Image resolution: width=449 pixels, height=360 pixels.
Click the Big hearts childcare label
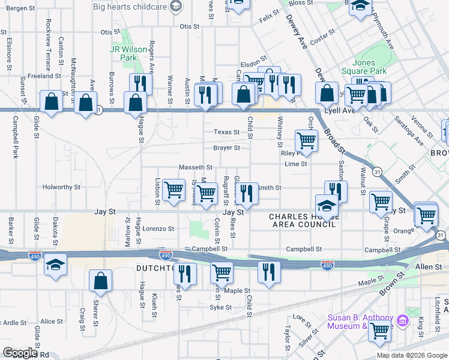pos(131,7)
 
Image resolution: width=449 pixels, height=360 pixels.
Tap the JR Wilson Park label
pos(124,53)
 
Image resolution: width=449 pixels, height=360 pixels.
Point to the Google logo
pos(20,353)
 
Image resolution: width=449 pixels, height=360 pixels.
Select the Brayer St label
pos(226,148)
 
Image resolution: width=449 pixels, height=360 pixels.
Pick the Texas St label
pos(227,132)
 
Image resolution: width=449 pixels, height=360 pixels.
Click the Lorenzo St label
pos(158,229)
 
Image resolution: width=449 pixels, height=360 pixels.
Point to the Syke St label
pos(220,307)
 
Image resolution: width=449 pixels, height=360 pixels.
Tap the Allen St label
pos(429,266)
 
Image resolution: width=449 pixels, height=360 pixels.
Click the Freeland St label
pos(41,76)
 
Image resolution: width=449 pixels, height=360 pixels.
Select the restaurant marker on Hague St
pos(140,83)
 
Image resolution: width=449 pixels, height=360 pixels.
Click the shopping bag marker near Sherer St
pos(101,280)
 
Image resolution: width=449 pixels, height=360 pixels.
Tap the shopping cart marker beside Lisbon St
pos(173,190)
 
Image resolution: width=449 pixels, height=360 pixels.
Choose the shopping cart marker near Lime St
pos(306,141)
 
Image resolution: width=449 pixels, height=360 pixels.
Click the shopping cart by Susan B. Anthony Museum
pos(379,331)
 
